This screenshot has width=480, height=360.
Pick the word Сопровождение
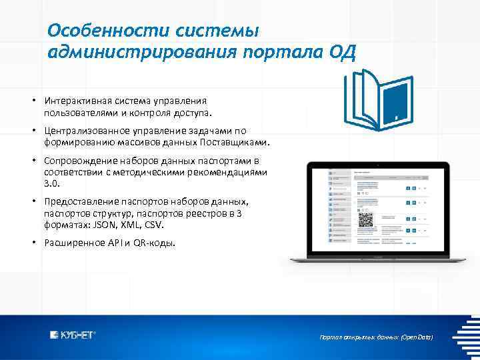click(78, 161)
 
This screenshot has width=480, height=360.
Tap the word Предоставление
click(79, 201)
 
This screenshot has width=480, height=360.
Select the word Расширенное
click(72, 243)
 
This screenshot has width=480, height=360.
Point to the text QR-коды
click(155, 243)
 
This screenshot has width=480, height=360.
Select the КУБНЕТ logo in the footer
click(73, 335)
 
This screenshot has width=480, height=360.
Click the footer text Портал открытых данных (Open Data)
click(377, 338)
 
